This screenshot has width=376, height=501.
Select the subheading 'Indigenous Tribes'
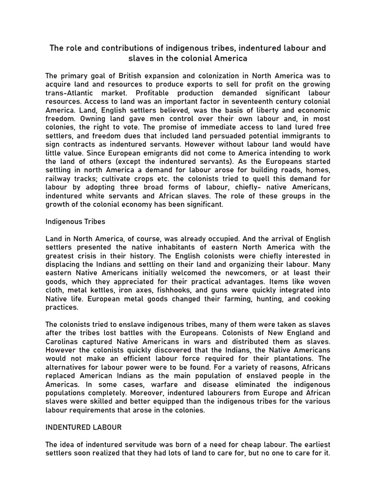[x=75, y=221]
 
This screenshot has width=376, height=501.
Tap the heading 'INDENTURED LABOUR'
[x=84, y=427]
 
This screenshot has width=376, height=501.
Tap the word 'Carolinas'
[x=62, y=342]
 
